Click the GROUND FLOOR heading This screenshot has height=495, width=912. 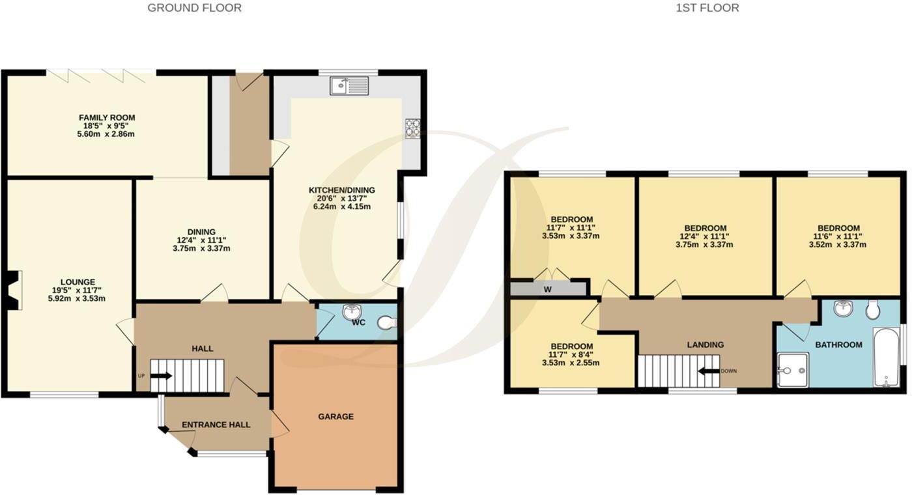tap(194, 8)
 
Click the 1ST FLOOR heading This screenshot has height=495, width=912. tap(707, 8)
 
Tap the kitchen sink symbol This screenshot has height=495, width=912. tap(349, 85)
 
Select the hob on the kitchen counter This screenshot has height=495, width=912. tap(412, 128)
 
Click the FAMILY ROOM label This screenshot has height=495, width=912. tap(107, 118)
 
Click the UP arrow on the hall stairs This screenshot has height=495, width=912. tap(162, 375)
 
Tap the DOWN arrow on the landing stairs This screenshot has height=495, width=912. tap(707, 371)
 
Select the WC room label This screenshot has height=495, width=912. tap(358, 322)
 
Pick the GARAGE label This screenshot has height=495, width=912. tap(335, 416)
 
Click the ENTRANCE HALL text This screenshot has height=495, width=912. tap(216, 425)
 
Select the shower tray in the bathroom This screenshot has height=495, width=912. tap(792, 370)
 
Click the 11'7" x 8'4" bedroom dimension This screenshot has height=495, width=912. tap(571, 354)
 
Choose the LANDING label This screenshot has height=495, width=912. tap(705, 345)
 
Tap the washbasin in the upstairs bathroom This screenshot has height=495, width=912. tap(843, 308)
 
